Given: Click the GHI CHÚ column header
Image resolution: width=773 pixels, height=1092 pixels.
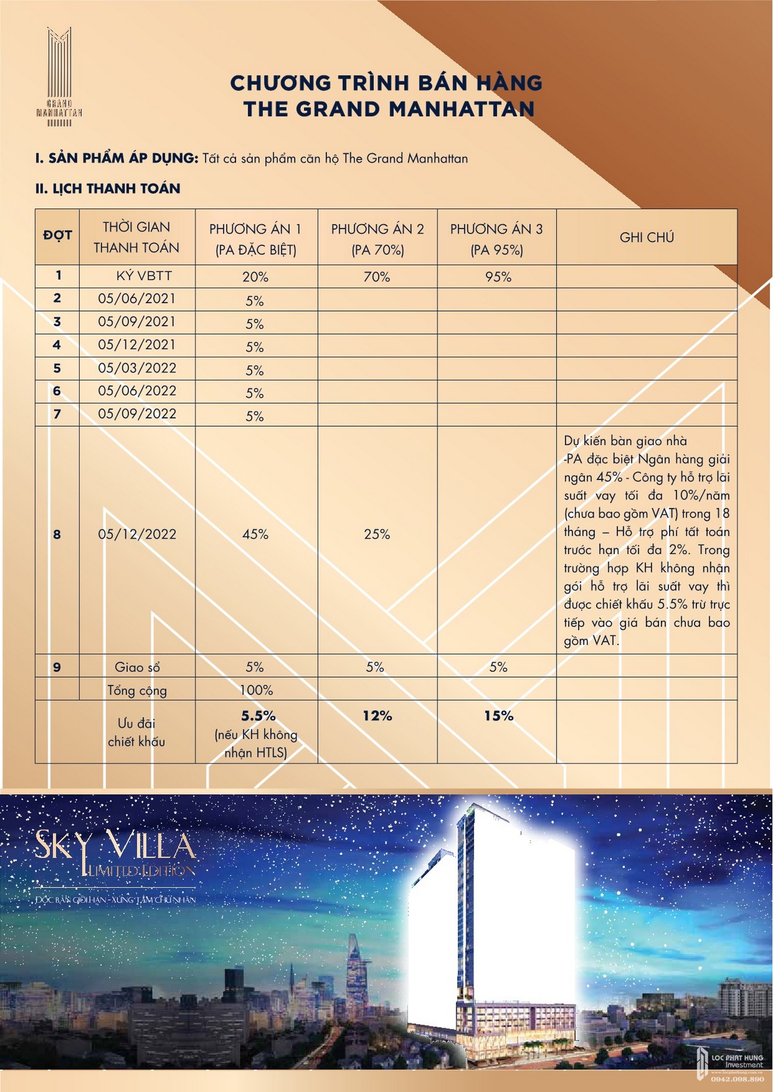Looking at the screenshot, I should pyautogui.click(x=646, y=238).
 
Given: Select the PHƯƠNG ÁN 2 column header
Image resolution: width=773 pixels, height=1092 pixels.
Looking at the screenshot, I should pyautogui.click(x=377, y=238).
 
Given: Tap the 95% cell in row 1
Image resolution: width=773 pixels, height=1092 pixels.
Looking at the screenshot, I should pyautogui.click(x=498, y=277).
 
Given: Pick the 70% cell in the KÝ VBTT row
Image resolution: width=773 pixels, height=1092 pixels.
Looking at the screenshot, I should pyautogui.click(x=377, y=277).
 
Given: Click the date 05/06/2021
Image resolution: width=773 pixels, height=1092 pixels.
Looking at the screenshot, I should pyautogui.click(x=137, y=299).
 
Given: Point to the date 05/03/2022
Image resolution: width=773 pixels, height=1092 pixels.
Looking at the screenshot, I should pyautogui.click(x=137, y=369).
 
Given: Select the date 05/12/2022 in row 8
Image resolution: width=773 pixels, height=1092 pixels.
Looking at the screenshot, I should pyautogui.click(x=137, y=534).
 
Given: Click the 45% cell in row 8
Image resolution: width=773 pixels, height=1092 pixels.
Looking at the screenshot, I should pyautogui.click(x=255, y=534).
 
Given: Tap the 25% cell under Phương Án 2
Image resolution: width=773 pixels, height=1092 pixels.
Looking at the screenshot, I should pyautogui.click(x=377, y=534).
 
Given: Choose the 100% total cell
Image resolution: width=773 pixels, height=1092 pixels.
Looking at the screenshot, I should pyautogui.click(x=256, y=690).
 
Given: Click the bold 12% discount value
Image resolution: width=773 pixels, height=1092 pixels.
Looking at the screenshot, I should pyautogui.click(x=377, y=716).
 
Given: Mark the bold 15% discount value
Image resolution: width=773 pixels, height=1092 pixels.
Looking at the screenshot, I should pyautogui.click(x=498, y=716).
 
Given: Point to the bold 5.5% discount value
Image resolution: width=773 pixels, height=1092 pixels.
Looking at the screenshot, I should pyautogui.click(x=258, y=716).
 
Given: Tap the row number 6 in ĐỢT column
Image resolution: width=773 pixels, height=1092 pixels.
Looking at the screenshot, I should pyautogui.click(x=57, y=391).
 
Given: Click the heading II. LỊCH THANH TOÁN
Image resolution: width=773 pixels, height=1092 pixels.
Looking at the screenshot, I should pyautogui.click(x=108, y=189).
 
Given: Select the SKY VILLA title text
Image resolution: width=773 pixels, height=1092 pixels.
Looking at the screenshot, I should pyautogui.click(x=115, y=845).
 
